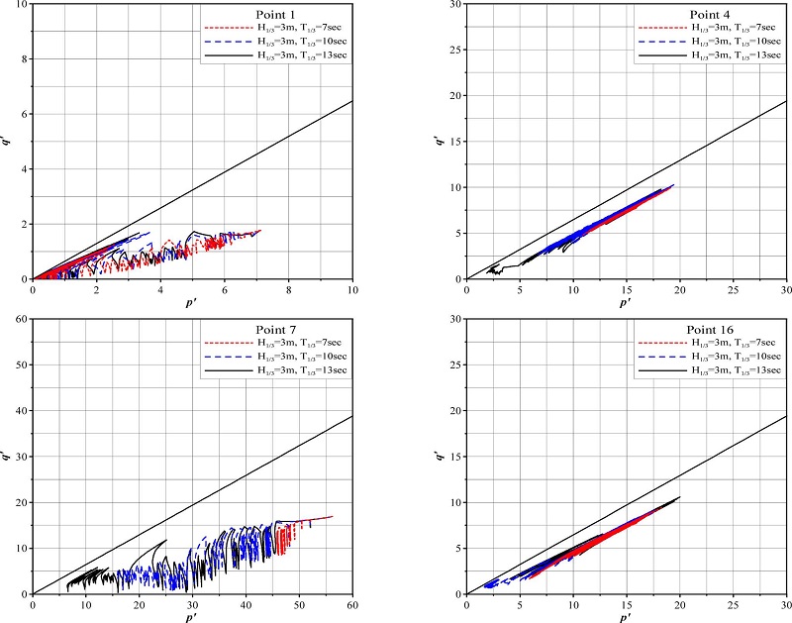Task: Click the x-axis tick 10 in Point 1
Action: (x=352, y=289)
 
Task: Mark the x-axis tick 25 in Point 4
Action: (x=733, y=289)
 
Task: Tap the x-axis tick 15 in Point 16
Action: (x=626, y=604)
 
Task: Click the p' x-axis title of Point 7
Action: (x=192, y=615)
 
